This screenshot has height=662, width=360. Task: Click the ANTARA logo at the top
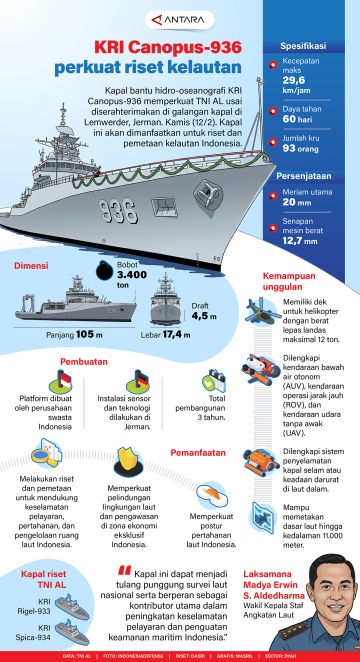point(179,16)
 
